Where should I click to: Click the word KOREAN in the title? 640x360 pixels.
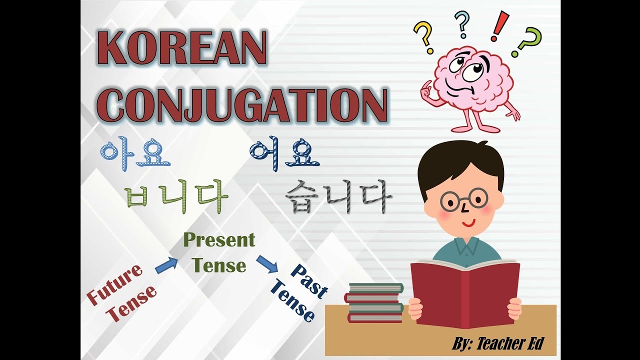pyautogui.click(x=183, y=50)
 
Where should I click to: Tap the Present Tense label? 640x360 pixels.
pyautogui.click(x=219, y=252)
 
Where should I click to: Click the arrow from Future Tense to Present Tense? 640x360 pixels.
pyautogui.click(x=166, y=265)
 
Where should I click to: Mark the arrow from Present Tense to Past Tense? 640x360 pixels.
pyautogui.click(x=267, y=264)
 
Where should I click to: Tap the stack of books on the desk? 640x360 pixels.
pyautogui.click(x=375, y=303)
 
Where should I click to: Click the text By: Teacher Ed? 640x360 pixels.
pyautogui.click(x=497, y=343)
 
